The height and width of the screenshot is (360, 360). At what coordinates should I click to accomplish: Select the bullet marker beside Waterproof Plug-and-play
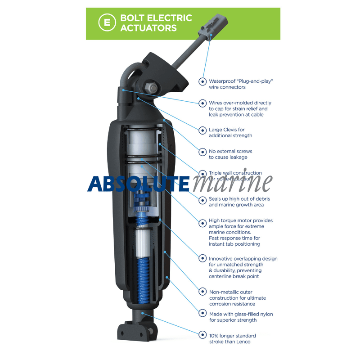202,81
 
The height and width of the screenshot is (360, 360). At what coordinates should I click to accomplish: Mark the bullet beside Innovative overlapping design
202,259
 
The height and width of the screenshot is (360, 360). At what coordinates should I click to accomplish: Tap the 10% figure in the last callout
215,336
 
